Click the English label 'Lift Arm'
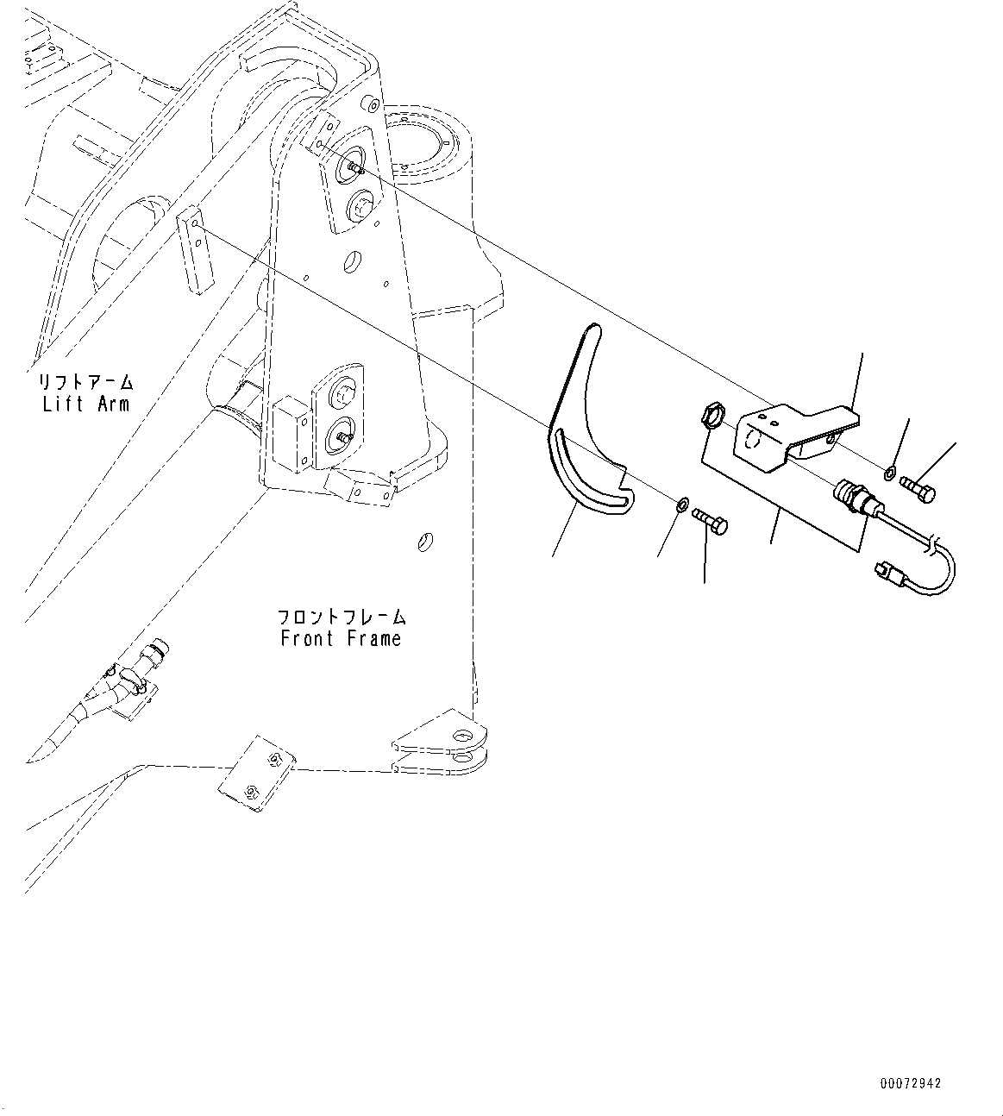coord(85,403)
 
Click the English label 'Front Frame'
coord(341,639)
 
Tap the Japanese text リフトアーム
coord(85,381)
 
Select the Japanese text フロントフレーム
coord(342,618)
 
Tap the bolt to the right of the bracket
coord(918,488)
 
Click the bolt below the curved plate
coord(710,520)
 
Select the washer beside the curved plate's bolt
coord(680,503)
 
